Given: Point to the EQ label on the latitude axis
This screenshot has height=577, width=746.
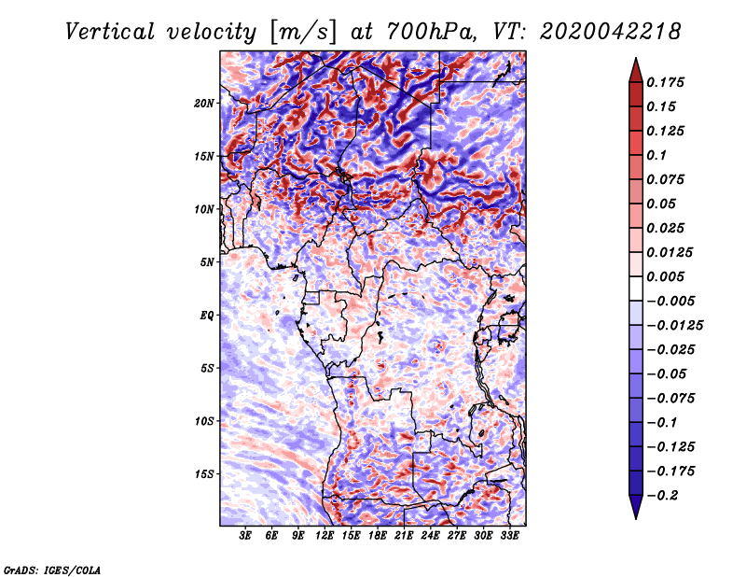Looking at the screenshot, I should [207, 315].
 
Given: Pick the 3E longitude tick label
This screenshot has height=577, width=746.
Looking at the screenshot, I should [246, 536].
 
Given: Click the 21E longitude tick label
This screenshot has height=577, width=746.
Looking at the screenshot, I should [404, 536].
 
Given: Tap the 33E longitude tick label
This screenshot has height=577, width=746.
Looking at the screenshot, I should [509, 536].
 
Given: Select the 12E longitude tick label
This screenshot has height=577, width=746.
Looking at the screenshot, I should [325, 536].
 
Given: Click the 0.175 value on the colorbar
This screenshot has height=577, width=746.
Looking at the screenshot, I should [669, 82].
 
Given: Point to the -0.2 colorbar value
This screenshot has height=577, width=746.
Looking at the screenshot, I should [665, 494].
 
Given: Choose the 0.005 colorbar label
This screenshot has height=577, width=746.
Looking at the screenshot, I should [669, 276].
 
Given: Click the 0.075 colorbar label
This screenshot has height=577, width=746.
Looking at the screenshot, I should [669, 179].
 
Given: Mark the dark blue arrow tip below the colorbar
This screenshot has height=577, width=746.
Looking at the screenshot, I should [635, 510].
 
